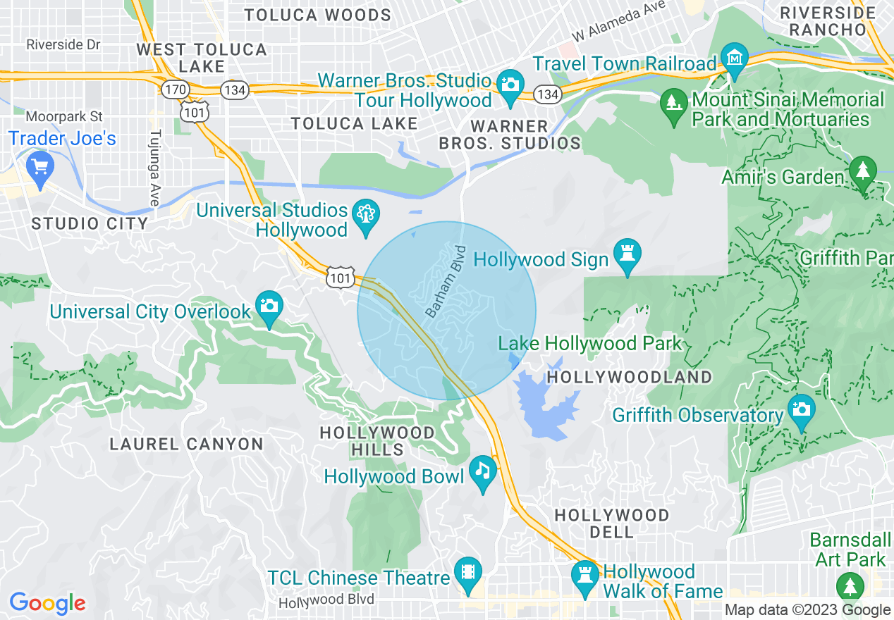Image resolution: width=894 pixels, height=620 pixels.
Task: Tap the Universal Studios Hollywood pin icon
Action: pyautogui.click(x=366, y=214)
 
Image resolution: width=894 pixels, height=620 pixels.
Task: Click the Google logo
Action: pyautogui.click(x=47, y=603)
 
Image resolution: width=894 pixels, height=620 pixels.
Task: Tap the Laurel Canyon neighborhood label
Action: pyautogui.click(x=187, y=444)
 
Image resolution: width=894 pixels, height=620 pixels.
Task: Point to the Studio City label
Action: pyautogui.click(x=90, y=224)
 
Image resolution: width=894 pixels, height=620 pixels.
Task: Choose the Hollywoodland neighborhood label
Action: pyautogui.click(x=630, y=377)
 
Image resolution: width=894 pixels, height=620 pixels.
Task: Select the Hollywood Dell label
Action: pyautogui.click(x=611, y=523)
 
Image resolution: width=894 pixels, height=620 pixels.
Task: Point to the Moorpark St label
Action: pyautogui.click(x=64, y=116)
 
